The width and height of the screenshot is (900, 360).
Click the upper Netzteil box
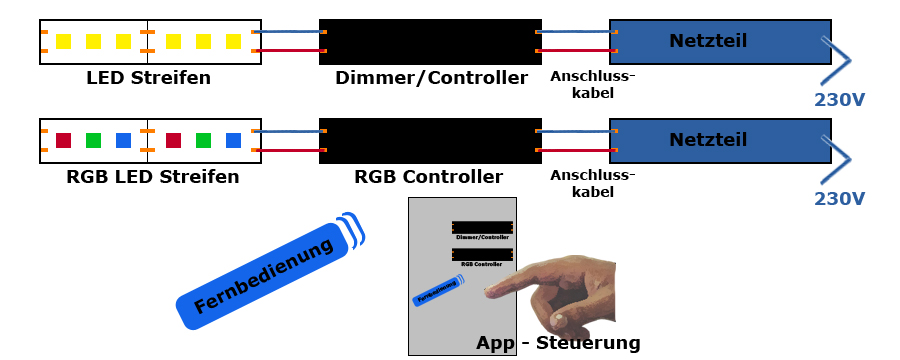pyautogui.click(x=719, y=42)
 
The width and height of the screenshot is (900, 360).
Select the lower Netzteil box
pyautogui.click(x=719, y=141)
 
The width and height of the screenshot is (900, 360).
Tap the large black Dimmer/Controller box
pyautogui.click(x=430, y=42)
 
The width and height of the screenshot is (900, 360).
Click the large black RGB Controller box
pyautogui.click(x=430, y=141)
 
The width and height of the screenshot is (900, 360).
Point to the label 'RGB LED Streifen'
pyautogui.click(x=152, y=178)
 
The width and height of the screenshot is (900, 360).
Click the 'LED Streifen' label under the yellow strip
pyautogui.click(x=148, y=78)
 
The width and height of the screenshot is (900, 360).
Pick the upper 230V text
pyautogui.click(x=839, y=100)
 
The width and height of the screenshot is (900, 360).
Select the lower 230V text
pyautogui.click(x=839, y=199)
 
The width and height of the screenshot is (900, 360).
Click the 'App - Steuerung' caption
pyautogui.click(x=558, y=343)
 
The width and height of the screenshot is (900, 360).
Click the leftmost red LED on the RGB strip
pyautogui.click(x=64, y=141)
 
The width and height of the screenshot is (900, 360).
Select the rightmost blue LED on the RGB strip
pyautogui.click(x=233, y=141)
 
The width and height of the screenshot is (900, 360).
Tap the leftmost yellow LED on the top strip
pyautogui.click(x=64, y=42)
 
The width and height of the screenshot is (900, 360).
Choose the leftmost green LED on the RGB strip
pyautogui.click(x=94, y=141)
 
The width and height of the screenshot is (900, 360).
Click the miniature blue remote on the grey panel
pyautogui.click(x=437, y=293)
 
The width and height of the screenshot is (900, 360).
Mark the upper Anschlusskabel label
pyautogui.click(x=592, y=84)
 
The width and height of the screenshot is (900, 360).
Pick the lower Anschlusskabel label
pyautogui.click(x=592, y=183)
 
